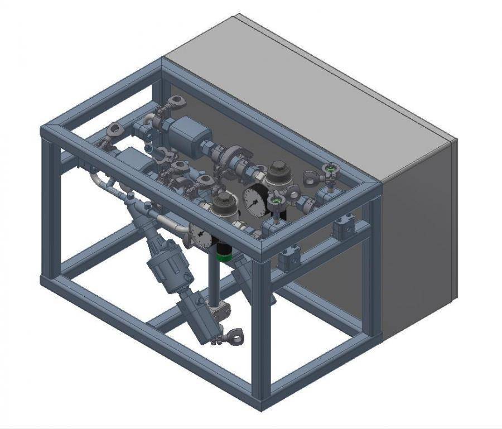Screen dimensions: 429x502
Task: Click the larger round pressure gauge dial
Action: [x=255, y=200]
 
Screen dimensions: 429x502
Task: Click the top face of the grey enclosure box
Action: [x=312, y=95]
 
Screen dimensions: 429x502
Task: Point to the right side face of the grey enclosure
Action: [x=418, y=234]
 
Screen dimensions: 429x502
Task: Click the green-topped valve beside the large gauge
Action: [x=275, y=199]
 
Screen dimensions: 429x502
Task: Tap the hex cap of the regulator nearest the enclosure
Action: [x=277, y=167]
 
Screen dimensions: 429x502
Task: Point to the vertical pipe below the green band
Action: [x=213, y=285]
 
